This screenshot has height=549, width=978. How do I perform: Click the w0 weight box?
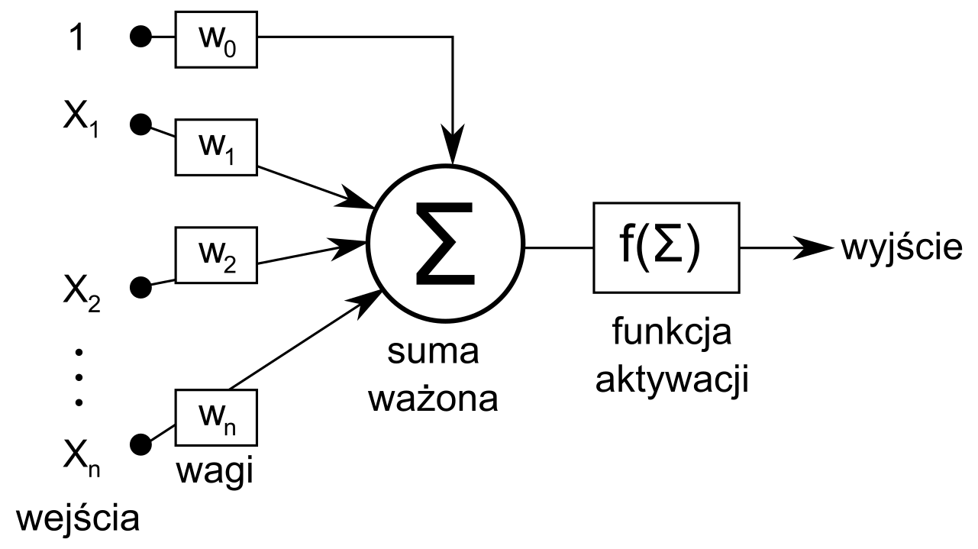click(x=217, y=38)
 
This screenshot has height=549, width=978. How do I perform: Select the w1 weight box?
click(x=217, y=146)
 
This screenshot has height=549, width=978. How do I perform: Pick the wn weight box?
click(x=217, y=416)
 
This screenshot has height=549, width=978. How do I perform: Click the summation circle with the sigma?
click(x=446, y=244)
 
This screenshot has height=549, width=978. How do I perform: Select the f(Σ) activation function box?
click(x=666, y=247)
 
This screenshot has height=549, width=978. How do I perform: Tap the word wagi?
click(x=215, y=471)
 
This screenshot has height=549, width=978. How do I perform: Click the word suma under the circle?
click(x=434, y=352)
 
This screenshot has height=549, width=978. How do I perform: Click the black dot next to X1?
click(x=140, y=125)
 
